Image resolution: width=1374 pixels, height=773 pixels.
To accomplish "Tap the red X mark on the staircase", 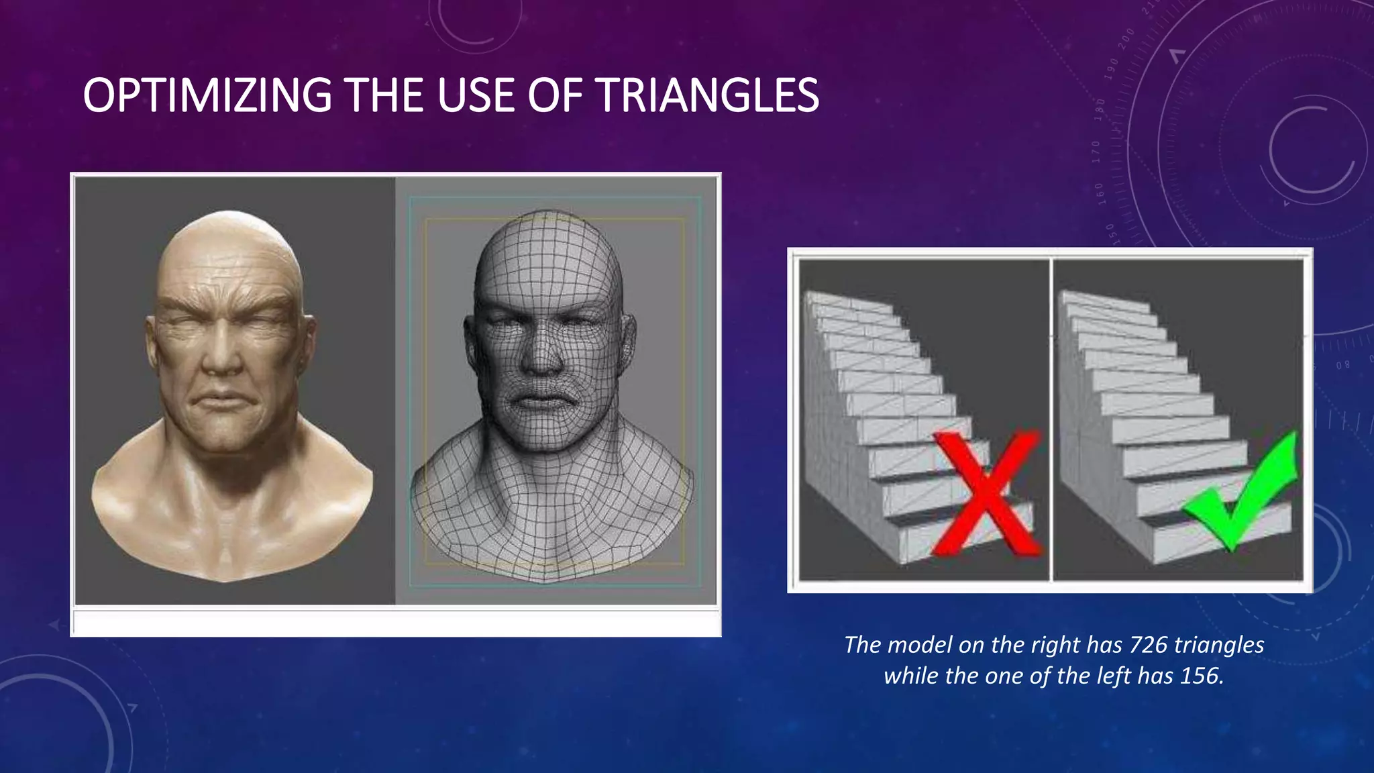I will click(984, 495).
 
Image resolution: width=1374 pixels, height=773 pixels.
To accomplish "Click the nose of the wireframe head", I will click(542, 356).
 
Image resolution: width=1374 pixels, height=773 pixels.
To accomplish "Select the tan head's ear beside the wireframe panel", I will click(308, 342).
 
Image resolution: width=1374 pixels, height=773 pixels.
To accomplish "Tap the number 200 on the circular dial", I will click(1126, 38).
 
